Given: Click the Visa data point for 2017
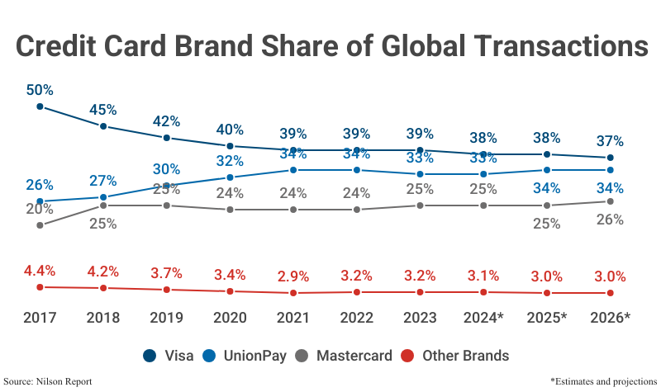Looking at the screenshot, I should (40, 106).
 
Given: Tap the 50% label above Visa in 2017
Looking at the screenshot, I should (40, 89).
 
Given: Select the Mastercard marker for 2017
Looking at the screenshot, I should (40, 224).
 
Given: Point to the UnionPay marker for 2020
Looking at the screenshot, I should (230, 177).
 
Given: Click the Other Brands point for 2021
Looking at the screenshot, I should (292, 293).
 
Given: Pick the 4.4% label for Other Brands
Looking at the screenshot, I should (40, 270).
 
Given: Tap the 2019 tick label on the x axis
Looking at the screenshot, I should (166, 318).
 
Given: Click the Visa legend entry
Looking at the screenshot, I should (169, 356).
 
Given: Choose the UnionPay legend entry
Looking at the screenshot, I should (248, 356).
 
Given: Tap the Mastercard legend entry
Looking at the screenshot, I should (347, 356).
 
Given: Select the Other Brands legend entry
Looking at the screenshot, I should (455, 356).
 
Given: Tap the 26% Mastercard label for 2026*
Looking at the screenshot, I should (610, 220).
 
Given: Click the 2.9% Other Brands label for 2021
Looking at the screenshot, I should (292, 276).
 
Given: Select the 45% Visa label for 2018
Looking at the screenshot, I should (103, 110).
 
